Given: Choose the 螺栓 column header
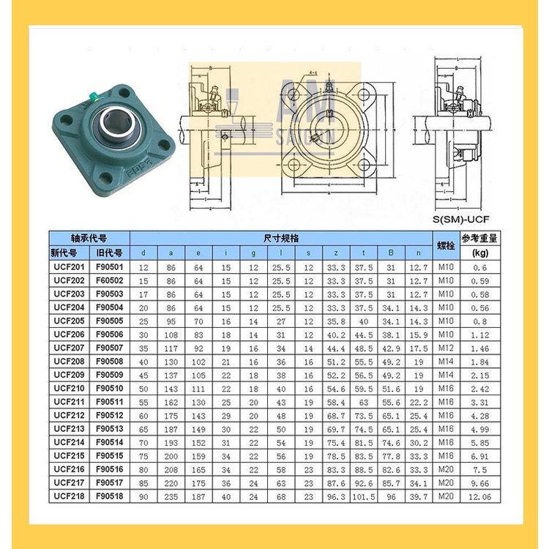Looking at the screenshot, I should click(445, 245).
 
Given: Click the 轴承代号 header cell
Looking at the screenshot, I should click(89, 239).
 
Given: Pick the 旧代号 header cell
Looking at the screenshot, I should click(110, 253).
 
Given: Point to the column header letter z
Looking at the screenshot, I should click(335, 253).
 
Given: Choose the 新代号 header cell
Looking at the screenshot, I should click(68, 253).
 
